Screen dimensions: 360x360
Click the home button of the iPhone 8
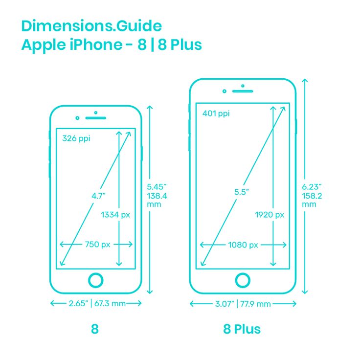click(x=96, y=280)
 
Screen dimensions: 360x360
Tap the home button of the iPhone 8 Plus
click(x=243, y=280)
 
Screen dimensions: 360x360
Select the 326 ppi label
click(x=76, y=139)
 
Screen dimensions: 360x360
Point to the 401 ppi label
click(x=216, y=113)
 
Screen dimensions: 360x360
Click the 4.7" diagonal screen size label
click(x=98, y=196)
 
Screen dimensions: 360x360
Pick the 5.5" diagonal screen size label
click(x=242, y=192)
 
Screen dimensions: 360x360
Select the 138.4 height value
click(x=157, y=196)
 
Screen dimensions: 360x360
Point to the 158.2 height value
click(x=312, y=196)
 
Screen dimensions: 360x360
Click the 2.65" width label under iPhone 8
click(x=78, y=304)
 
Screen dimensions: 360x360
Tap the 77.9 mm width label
click(x=255, y=304)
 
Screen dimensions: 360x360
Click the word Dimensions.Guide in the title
click(x=91, y=26)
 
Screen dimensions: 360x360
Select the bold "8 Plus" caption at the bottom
click(x=242, y=329)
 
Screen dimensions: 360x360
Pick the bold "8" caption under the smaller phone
click(x=95, y=329)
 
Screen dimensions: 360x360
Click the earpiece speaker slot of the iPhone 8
click(x=96, y=118)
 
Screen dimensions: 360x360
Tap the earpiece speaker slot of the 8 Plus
click(x=243, y=91)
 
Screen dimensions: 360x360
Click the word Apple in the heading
click(x=44, y=45)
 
